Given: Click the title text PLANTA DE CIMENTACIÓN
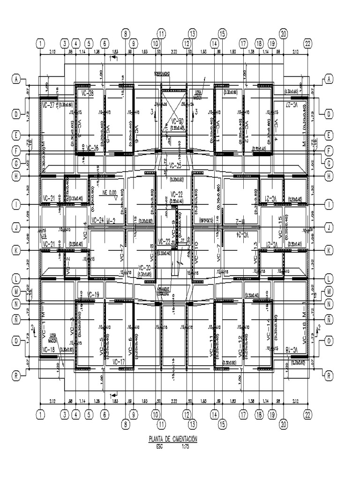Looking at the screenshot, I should coord(172,439).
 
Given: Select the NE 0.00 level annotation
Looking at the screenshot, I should coord(109,192).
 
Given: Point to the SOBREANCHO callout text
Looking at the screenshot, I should coord(163,74).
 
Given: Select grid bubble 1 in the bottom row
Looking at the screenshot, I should coord(41,414).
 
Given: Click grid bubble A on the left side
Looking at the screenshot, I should coord(16,80).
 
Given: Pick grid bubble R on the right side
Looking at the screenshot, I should coord(329,375).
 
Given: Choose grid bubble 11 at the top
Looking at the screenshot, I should coord(161,33).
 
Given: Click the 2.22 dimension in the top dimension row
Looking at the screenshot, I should coord(174,51).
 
